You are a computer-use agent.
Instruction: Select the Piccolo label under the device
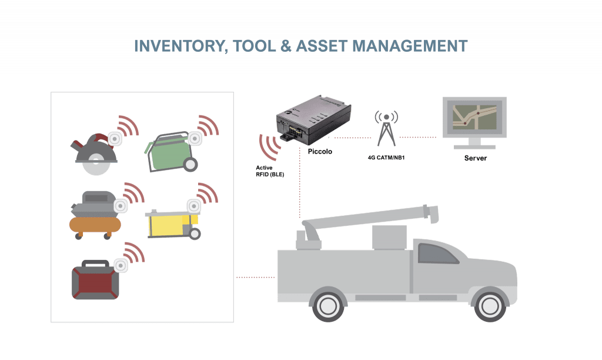[x=320, y=151]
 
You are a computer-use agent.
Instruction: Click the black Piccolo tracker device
[x=314, y=118]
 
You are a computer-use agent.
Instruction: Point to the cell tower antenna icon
[x=386, y=128]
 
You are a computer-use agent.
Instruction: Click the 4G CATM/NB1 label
[x=386, y=158]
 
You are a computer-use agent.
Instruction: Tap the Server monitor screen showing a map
[x=474, y=117]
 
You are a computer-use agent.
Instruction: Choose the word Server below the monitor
[x=475, y=158]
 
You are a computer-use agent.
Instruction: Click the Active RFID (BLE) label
[x=270, y=171]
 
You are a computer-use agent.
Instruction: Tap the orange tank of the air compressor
[x=95, y=224]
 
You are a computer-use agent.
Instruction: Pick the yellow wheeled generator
[x=173, y=224]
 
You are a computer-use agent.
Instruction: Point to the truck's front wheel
[x=490, y=306]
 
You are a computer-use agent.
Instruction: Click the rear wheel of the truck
[x=328, y=306]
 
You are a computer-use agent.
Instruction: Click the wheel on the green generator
[x=190, y=165]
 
